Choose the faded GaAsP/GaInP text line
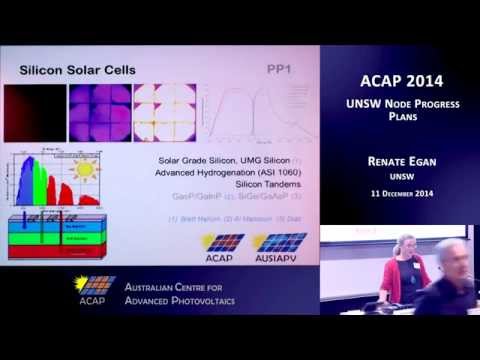240,198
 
